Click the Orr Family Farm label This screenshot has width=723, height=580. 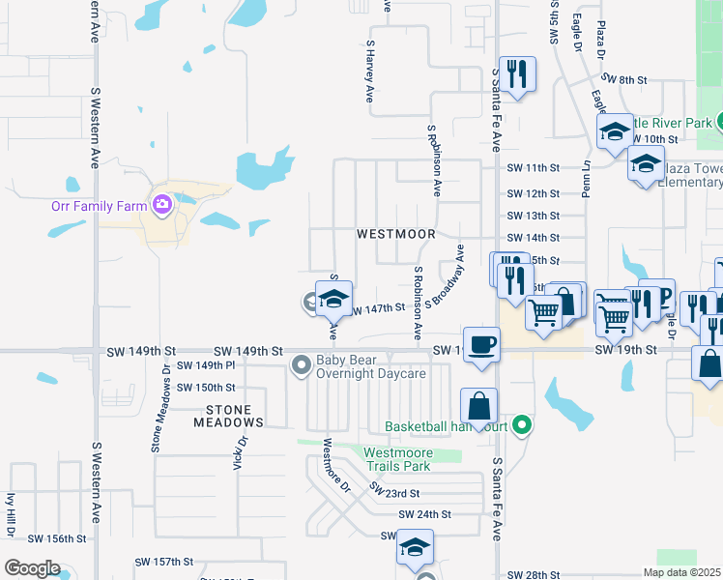coord(97,205)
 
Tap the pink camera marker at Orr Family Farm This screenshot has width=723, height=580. coord(161,204)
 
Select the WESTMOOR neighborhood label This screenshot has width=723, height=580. coord(395,234)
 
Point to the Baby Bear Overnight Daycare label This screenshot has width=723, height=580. coord(372,366)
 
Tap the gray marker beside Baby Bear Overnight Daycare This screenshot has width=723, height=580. coord(302,365)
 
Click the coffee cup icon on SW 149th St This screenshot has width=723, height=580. coord(481,344)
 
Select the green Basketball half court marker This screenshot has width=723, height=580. coord(523,424)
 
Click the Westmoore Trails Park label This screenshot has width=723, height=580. coord(411,458)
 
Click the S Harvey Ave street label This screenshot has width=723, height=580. coord(369,72)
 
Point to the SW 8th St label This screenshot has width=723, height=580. coord(622,79)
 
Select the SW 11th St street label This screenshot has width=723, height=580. coord(534,168)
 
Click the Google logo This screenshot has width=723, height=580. coord(32,568)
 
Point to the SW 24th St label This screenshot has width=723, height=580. coord(424,514)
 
